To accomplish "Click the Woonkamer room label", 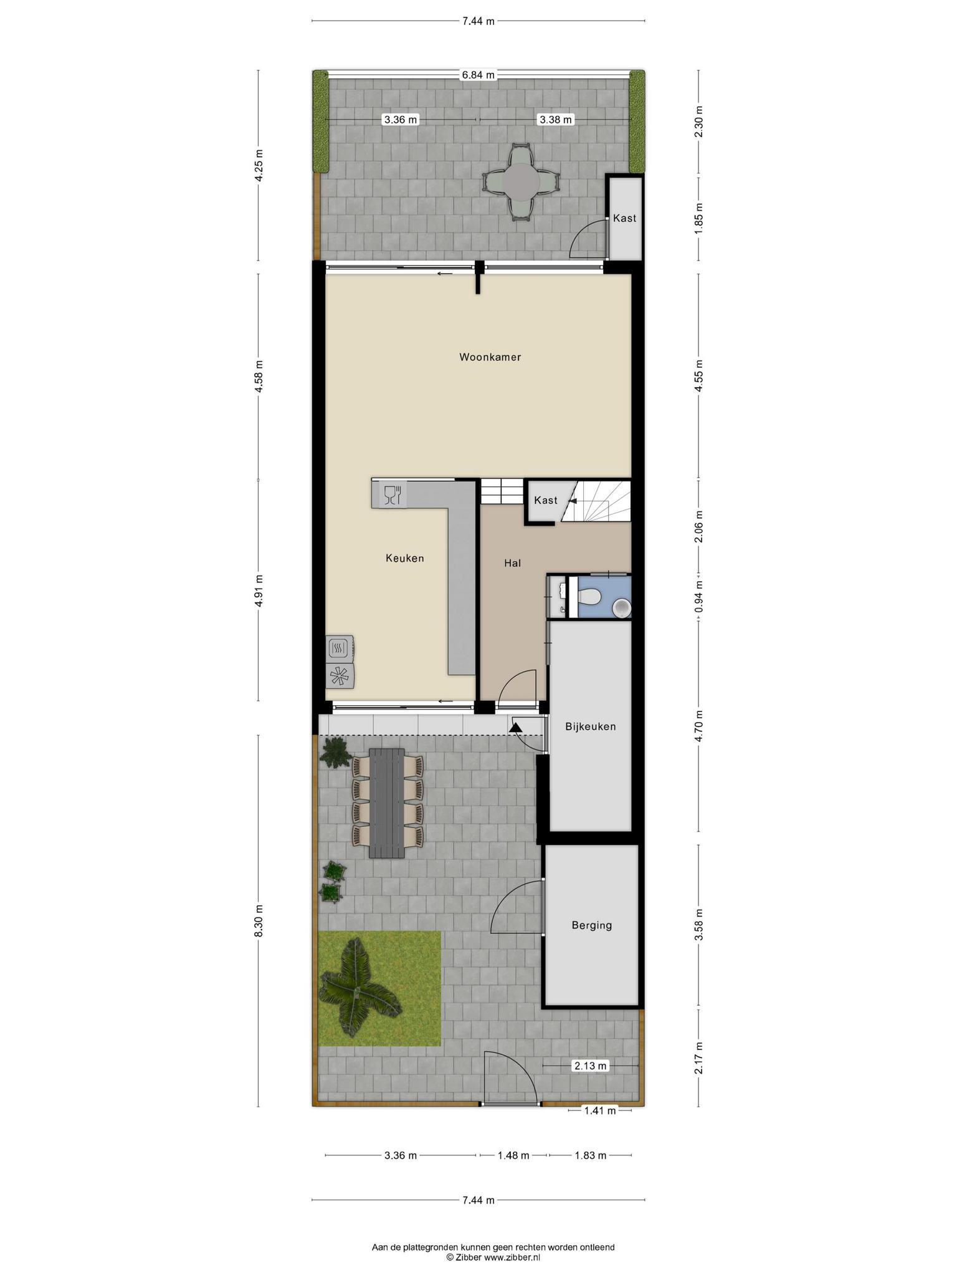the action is coord(490,357).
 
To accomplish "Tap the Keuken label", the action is coord(405,558).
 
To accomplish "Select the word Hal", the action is coord(512,563).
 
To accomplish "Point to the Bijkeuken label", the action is coord(591,726).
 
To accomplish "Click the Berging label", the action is coord(592,925).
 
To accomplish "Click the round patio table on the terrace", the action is coord(521,181).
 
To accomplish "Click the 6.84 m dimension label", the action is coord(478,75).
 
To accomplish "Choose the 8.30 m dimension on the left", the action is coord(259,919).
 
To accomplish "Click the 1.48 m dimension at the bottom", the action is coord(513,1155).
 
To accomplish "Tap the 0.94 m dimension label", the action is coord(698,595).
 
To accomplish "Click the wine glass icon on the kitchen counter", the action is coord(392,495).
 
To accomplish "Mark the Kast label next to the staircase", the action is coord(546,500).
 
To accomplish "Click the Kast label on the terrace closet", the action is coord(625,218).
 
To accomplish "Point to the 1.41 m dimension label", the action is coord(599,1110).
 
